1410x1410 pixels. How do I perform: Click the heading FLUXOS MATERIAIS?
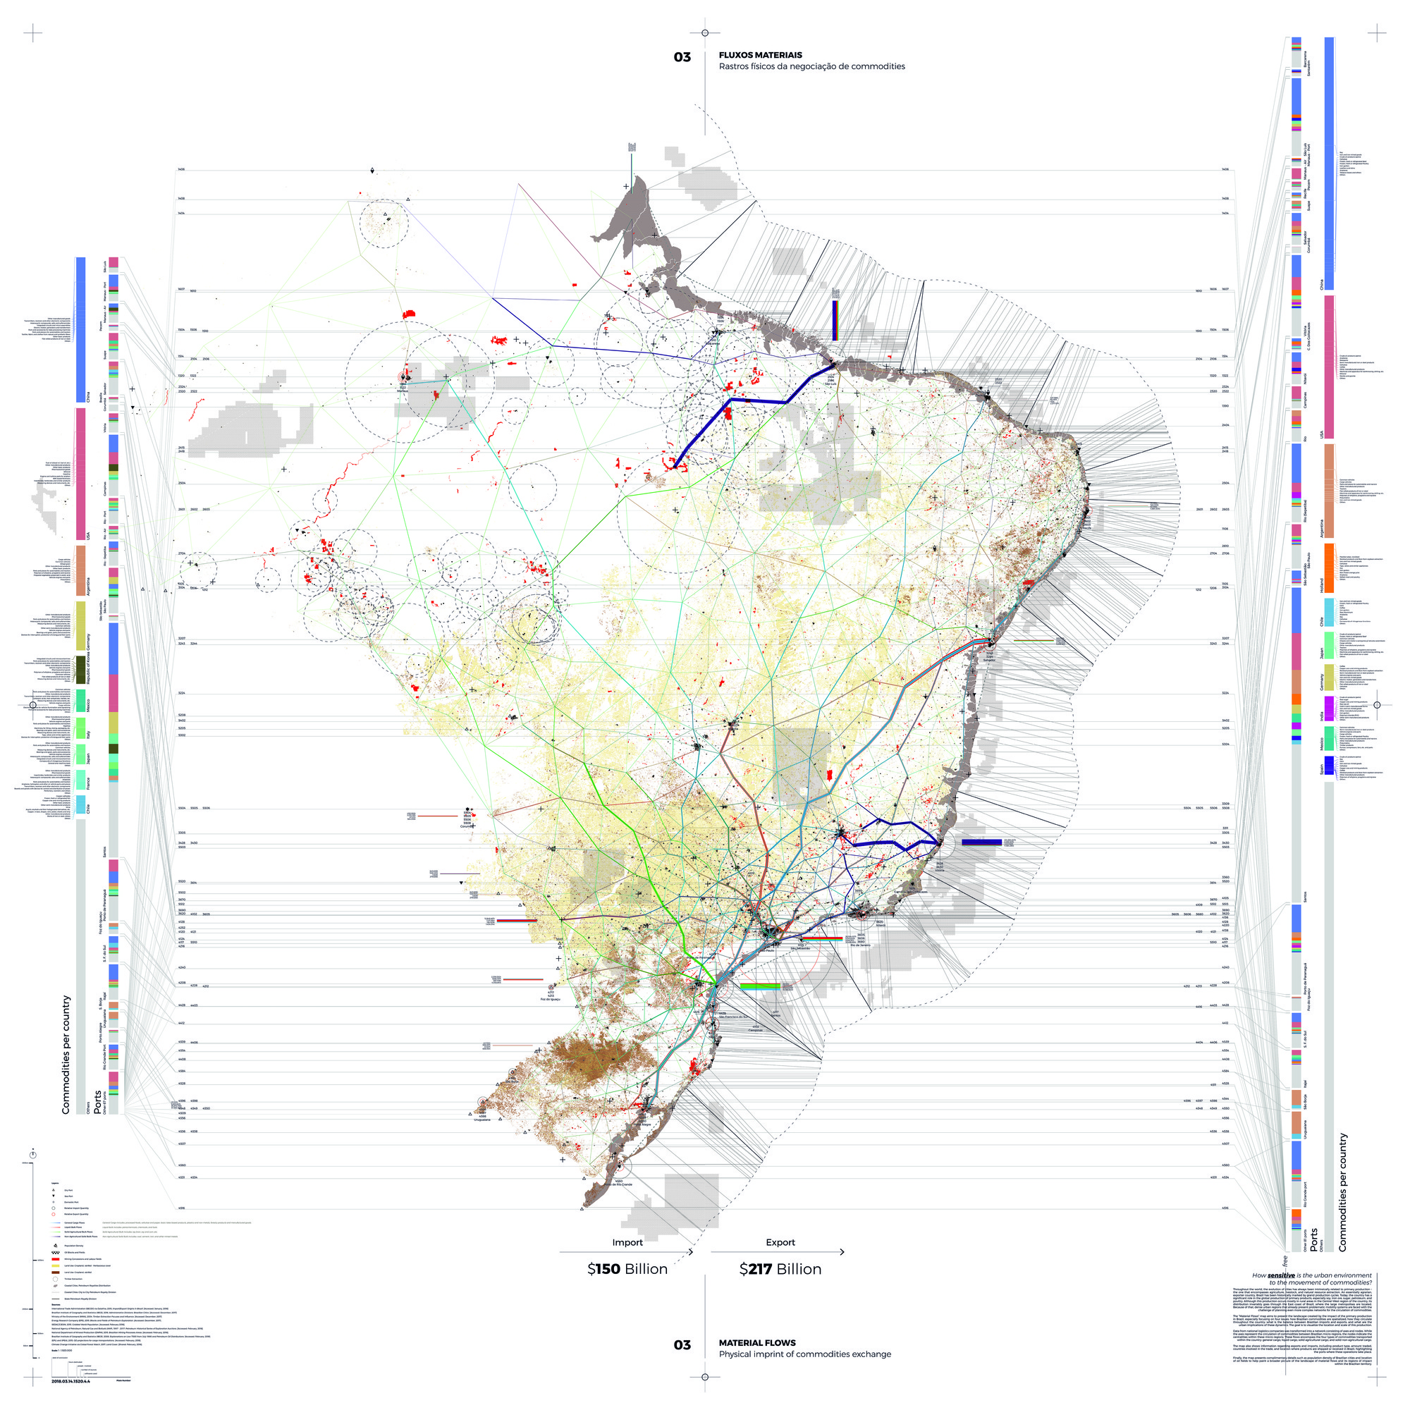click(760, 55)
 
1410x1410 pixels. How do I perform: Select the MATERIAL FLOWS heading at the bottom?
click(756, 1343)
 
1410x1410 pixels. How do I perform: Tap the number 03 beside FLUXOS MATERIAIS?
click(682, 57)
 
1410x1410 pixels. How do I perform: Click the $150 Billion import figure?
click(627, 1269)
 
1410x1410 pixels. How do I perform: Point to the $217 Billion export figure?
click(780, 1269)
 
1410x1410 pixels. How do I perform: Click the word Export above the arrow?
click(780, 1242)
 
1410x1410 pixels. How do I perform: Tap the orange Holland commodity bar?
click(1328, 568)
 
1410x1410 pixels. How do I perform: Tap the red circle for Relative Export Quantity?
click(54, 1214)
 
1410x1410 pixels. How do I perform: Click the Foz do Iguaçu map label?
click(551, 999)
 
